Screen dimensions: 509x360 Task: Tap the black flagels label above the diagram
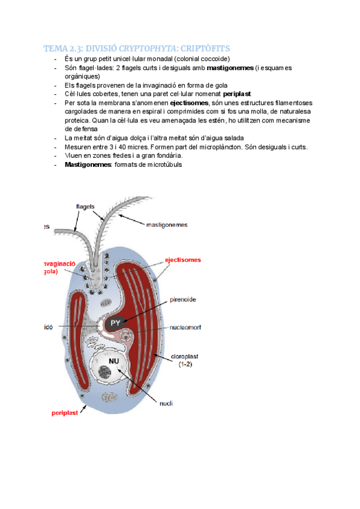(85, 206)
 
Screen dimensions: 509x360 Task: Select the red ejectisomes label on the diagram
(183, 260)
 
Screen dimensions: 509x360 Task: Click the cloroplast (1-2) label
(183, 360)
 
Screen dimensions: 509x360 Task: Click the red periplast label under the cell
(64, 414)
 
